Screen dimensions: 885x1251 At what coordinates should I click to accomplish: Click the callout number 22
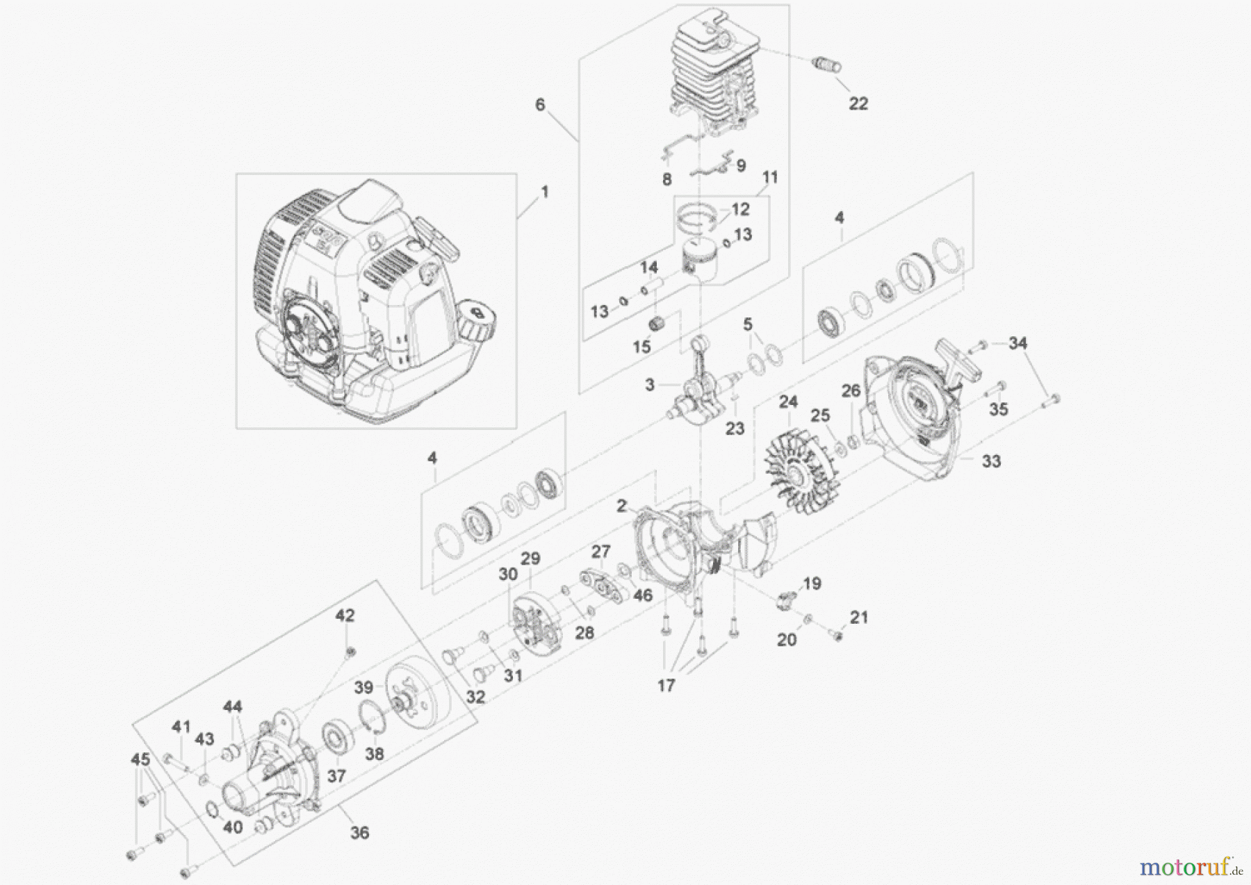click(858, 104)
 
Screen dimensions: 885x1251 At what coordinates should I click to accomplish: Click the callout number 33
click(991, 461)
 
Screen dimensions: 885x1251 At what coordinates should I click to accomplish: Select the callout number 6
click(540, 105)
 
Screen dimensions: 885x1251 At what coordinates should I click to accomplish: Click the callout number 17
click(666, 686)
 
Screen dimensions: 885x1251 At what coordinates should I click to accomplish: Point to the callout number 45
click(140, 760)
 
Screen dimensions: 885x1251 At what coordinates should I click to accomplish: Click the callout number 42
click(345, 615)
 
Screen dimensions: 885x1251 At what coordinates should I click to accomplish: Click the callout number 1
click(545, 191)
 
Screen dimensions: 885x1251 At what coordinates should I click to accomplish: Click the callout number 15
click(641, 345)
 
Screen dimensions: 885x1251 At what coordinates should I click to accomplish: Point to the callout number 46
click(643, 595)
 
